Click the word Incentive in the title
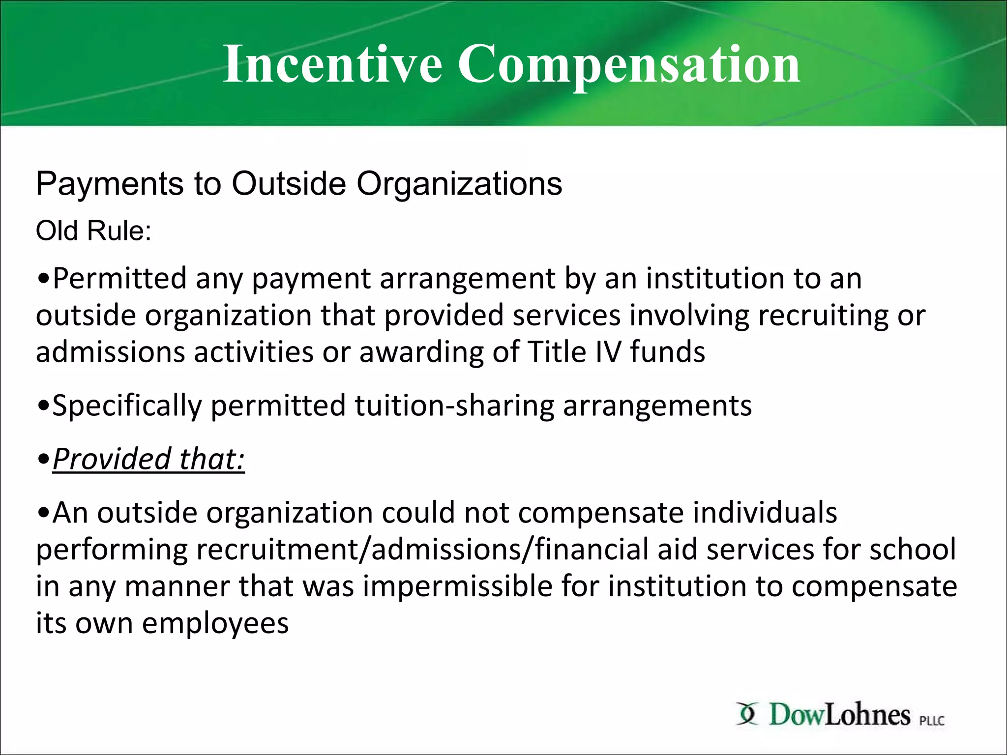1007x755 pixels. pos(332,64)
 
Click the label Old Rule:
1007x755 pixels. pos(93,231)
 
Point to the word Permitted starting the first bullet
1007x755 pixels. pos(119,279)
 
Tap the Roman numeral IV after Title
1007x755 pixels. pos(608,352)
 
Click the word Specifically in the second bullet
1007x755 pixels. pos(127,406)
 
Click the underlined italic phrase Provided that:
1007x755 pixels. pos(148,459)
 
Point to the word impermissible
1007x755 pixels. pos(458,586)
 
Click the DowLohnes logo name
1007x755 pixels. pos(839,715)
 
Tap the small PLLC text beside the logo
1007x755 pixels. pos(932,721)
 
